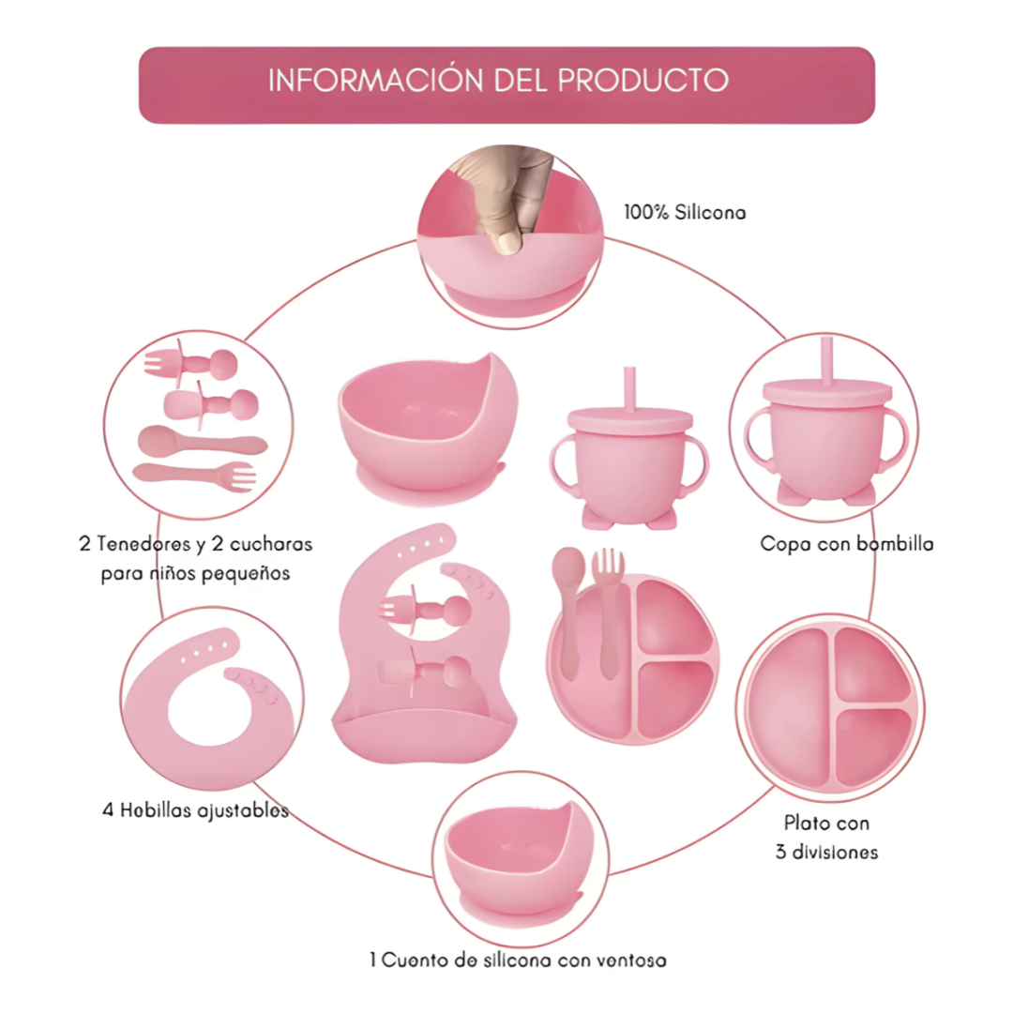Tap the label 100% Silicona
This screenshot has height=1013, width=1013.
685,213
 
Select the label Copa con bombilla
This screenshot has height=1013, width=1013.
846,543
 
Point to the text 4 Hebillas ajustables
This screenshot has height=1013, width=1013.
195,810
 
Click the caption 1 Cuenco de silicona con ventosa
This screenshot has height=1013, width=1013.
518,960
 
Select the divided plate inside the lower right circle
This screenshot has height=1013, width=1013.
831,704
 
